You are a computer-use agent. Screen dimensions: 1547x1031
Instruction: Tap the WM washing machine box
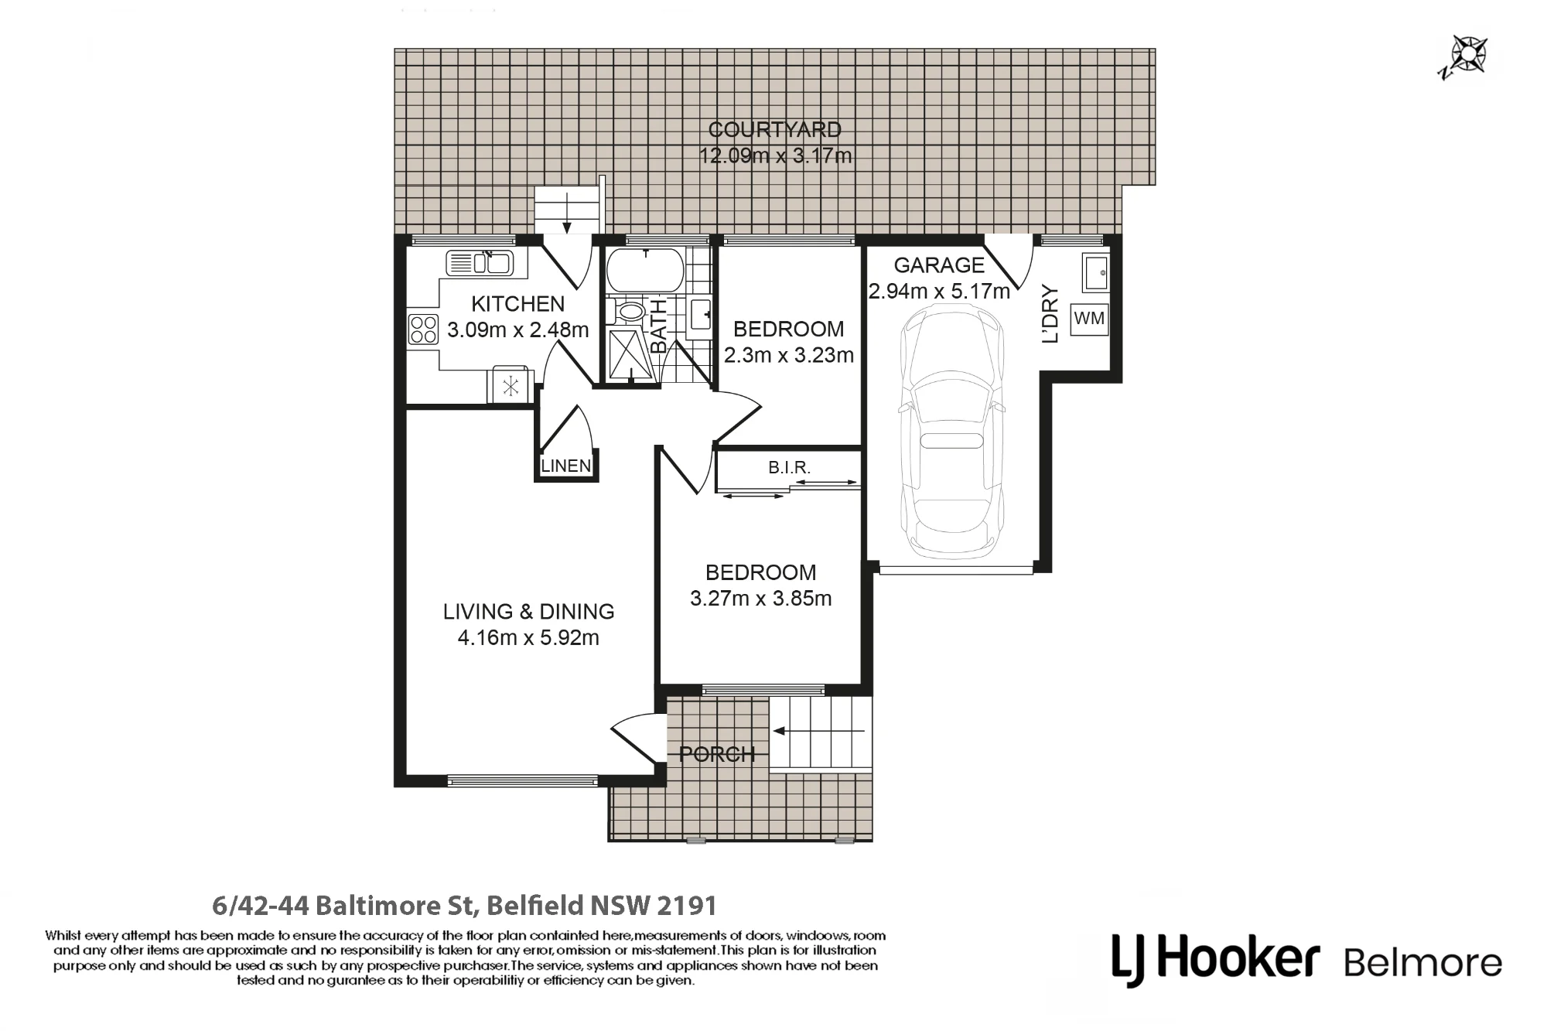point(1089,319)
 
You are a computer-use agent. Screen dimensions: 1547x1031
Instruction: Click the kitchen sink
point(480,263)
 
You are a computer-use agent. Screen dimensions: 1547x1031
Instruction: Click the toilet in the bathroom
point(626,312)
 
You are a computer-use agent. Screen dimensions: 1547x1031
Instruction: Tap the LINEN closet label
point(566,466)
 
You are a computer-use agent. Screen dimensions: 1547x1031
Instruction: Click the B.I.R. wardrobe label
point(789,467)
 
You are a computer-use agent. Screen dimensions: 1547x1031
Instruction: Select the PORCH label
point(717,754)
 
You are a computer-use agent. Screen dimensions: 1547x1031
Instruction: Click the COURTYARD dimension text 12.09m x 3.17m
point(775,155)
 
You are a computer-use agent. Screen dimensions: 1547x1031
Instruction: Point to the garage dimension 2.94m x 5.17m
point(939,292)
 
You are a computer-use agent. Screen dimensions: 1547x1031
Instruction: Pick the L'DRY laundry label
point(1050,314)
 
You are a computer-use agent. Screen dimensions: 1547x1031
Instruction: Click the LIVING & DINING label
point(528,611)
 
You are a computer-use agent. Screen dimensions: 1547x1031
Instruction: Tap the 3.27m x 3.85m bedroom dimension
point(760,598)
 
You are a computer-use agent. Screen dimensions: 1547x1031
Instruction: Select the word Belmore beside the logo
point(1422,963)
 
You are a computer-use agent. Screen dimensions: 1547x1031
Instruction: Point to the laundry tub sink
point(1095,273)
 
